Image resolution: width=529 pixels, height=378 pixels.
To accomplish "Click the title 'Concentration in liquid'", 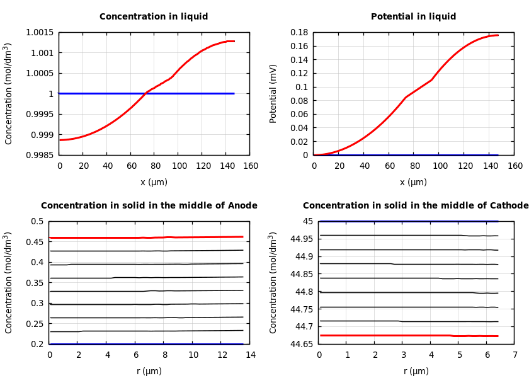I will [x=154, y=17].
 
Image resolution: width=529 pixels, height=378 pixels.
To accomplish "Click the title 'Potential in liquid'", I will [x=413, y=17].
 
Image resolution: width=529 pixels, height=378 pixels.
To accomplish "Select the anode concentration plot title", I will [x=149, y=206].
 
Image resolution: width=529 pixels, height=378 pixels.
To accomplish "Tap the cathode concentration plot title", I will [x=416, y=206].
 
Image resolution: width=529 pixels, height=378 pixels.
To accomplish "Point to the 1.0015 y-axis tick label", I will [x=39, y=32].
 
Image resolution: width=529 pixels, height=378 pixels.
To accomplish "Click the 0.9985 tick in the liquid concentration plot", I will [x=39, y=155].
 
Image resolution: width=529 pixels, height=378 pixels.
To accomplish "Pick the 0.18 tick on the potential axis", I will [x=299, y=32].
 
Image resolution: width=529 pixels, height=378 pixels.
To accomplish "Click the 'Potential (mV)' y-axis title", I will [x=273, y=93].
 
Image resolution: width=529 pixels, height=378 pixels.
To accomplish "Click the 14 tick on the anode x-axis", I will [x=250, y=355].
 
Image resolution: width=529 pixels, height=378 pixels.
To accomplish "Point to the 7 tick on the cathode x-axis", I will [x=515, y=355].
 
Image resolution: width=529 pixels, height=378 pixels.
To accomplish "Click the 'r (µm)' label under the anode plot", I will [x=149, y=371].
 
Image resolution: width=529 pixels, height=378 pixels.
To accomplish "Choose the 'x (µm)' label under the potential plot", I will [x=413, y=182].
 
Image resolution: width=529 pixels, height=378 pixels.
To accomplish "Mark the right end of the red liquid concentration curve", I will [x=234, y=42].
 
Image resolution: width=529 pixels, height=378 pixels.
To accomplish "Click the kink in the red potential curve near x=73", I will [x=406, y=98].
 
